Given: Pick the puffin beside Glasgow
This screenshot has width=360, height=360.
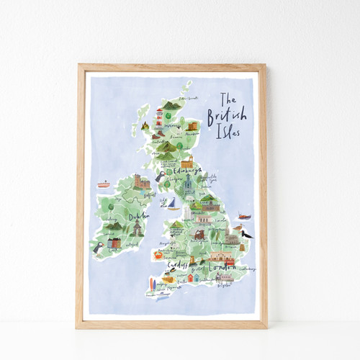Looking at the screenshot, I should pos(160,174).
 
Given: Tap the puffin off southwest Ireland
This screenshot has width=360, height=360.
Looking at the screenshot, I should pos(97,247).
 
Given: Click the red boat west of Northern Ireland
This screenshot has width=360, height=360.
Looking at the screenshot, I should pos(104,184).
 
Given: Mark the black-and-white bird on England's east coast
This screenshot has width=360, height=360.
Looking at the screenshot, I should pos(246,233).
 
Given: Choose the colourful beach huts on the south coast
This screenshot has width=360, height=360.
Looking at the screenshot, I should pos(194,277).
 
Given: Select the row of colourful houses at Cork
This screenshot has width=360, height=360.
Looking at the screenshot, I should pos(114,244).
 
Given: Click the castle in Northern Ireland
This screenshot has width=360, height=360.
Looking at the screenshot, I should pos(142,182).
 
